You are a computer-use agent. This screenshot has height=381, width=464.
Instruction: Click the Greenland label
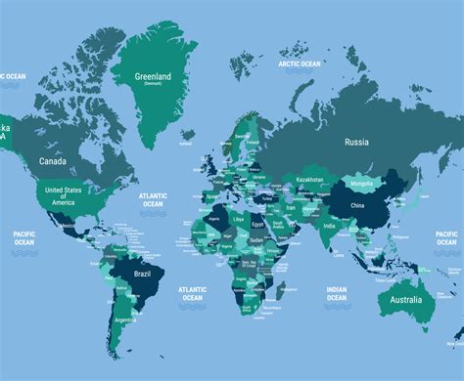point(152,76)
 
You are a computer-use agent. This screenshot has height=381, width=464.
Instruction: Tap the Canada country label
point(53,161)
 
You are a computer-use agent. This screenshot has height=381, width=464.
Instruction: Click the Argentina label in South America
point(124,319)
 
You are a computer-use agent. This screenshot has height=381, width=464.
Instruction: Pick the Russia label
point(356,142)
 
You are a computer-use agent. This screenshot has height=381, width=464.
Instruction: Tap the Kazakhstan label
point(310,181)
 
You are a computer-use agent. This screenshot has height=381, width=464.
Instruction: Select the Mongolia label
point(361,184)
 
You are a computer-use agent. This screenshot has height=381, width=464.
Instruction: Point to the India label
point(329,227)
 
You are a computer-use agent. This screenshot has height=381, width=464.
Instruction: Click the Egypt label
point(257,224)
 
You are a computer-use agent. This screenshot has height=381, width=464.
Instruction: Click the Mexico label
point(68,228)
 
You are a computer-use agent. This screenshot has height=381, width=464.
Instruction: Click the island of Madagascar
point(281,288)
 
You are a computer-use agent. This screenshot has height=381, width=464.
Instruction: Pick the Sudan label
point(257,238)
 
